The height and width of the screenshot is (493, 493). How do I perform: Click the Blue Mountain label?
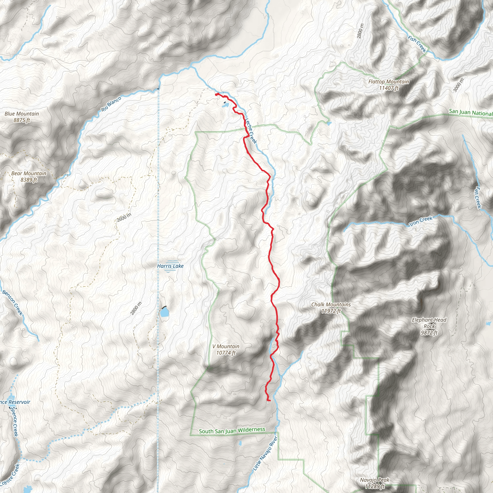point(22,117)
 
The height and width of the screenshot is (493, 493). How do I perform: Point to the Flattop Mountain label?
point(388,85)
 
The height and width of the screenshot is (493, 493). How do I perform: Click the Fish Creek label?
point(417,44)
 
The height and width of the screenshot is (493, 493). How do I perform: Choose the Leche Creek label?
point(251,130)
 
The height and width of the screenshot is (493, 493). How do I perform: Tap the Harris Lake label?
point(170,266)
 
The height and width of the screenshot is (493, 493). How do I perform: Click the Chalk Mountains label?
point(331,307)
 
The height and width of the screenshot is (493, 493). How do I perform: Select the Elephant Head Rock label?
point(429,326)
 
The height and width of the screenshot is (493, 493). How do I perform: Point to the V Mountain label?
point(226,349)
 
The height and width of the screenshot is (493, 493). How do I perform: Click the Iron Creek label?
point(421,221)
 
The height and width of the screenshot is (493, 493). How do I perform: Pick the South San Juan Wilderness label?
point(232,430)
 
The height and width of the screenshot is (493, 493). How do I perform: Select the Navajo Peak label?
point(375,483)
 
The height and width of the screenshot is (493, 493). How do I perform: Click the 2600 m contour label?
point(124,217)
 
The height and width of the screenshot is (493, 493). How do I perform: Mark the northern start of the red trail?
point(217,94)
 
